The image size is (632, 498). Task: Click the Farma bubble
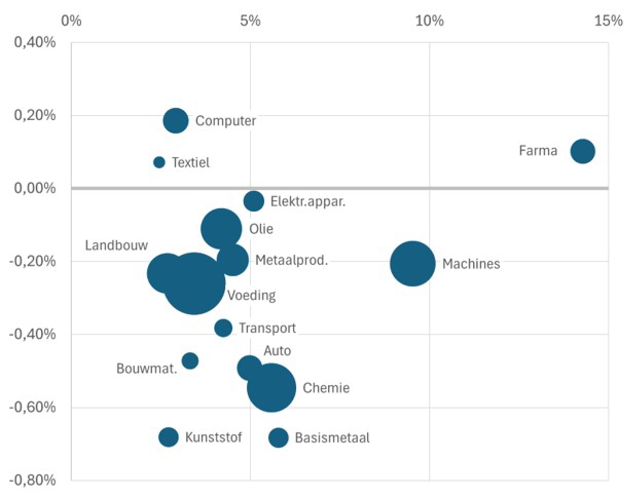582,151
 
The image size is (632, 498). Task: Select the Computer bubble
176,121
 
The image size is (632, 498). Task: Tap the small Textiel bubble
159,162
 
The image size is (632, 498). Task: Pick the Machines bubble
412,264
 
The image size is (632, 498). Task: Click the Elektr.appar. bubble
254,201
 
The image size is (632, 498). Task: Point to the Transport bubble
223,328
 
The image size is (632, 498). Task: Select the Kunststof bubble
169,437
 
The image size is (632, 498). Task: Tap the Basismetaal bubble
278,438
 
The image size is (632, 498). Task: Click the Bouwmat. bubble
190,361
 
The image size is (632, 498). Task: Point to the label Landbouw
117,245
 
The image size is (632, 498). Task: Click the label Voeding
252,295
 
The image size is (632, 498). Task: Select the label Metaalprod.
292,260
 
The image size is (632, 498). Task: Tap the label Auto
277,350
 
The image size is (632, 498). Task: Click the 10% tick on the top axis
429,21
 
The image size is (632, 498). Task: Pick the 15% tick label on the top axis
608,21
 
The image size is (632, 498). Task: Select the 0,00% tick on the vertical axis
35,188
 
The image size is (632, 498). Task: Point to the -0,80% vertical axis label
32,480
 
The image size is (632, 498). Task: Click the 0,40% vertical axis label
35,42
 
